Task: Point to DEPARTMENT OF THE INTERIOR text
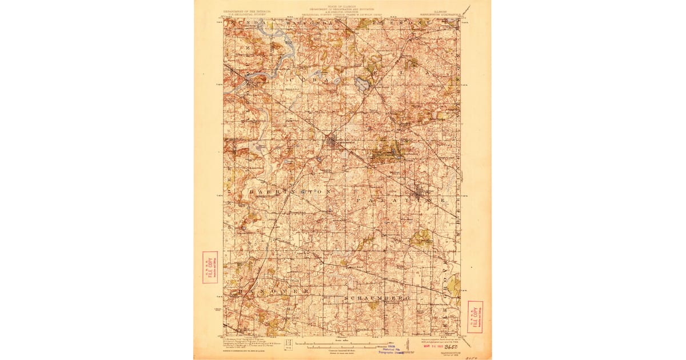[247, 10]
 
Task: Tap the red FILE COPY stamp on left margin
[210, 267]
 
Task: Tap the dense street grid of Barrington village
[333, 142]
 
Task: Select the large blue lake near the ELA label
[361, 84]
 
